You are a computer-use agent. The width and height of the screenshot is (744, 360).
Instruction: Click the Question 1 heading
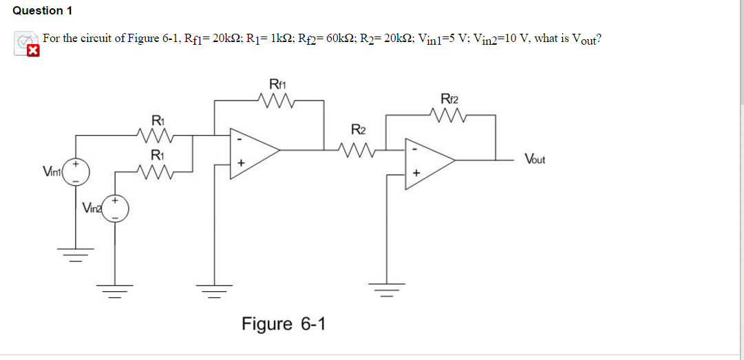coord(42,10)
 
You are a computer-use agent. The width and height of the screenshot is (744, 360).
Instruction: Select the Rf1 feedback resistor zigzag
coord(277,103)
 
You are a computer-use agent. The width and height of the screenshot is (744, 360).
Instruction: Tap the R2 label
coord(358,129)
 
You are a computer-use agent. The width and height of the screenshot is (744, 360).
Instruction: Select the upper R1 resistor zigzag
coord(157,135)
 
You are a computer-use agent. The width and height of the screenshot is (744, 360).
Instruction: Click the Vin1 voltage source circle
coord(76,173)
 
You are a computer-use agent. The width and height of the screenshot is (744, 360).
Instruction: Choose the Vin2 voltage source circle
coord(115,208)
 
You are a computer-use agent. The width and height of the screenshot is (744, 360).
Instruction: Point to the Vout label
coord(534,159)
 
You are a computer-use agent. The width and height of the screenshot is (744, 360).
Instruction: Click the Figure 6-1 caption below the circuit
coord(284,324)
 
